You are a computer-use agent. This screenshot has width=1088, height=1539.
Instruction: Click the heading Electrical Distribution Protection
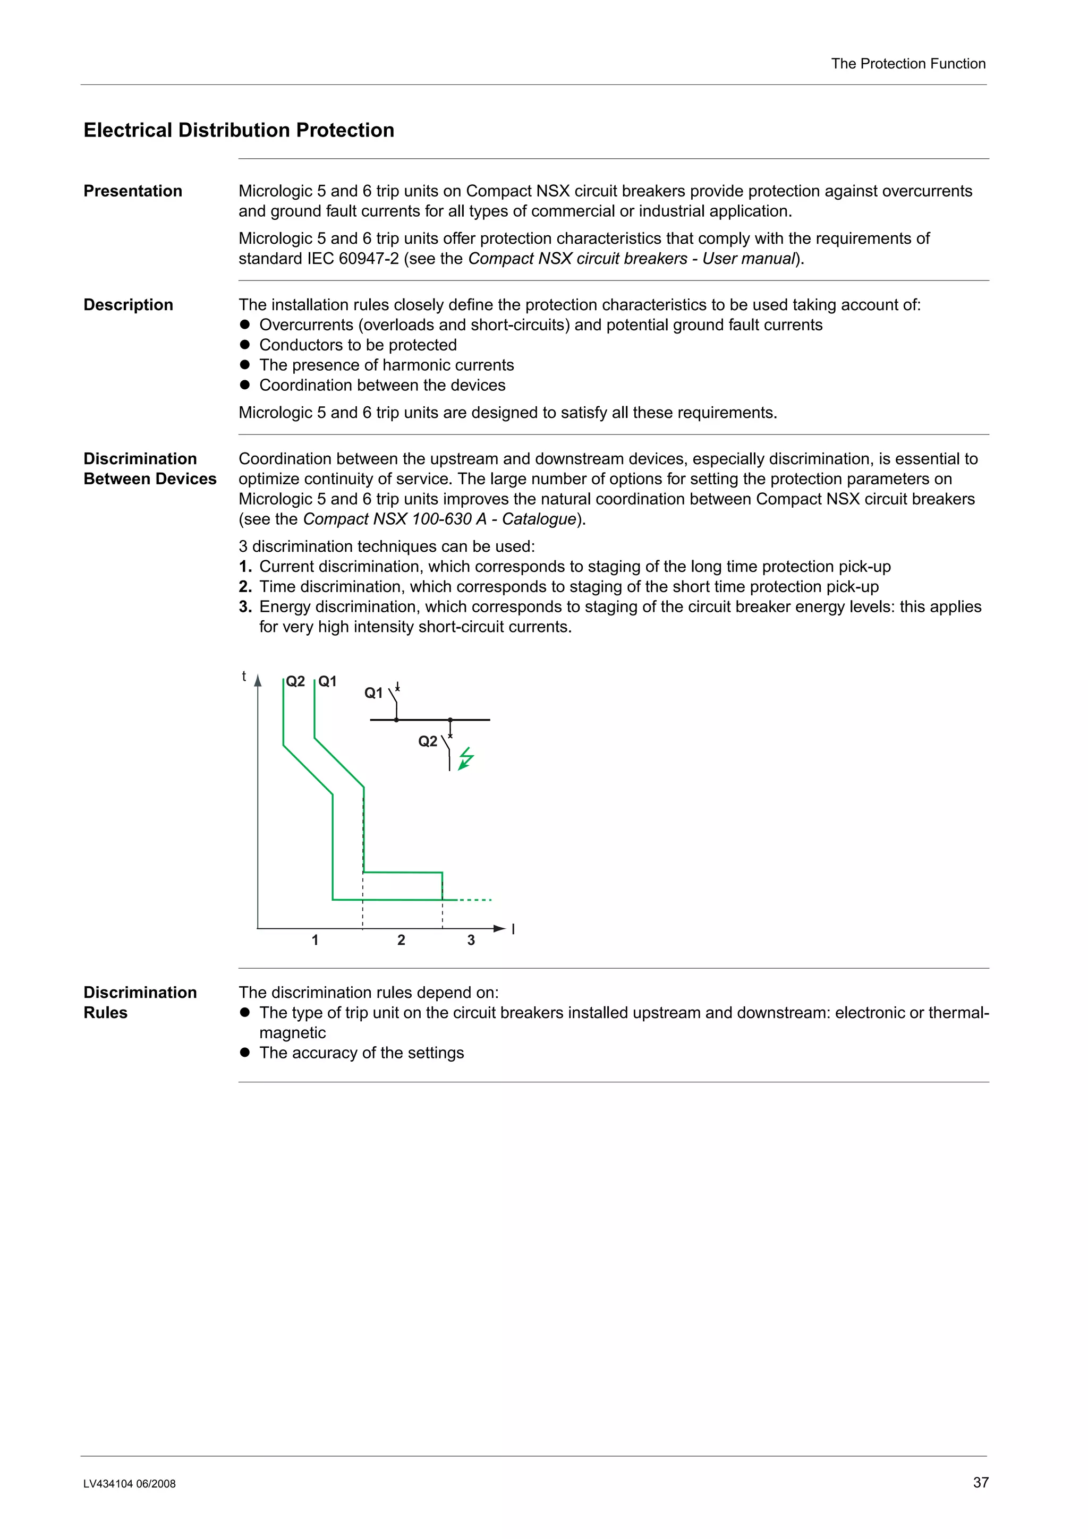pyautogui.click(x=239, y=130)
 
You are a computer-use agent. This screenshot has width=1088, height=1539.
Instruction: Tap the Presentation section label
pyautogui.click(x=133, y=191)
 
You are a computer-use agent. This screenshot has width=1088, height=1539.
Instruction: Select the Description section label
pyautogui.click(x=128, y=305)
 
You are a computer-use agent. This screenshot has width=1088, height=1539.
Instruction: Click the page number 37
pyautogui.click(x=980, y=1482)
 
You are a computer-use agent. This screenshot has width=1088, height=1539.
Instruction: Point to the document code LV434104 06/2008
pyautogui.click(x=130, y=1483)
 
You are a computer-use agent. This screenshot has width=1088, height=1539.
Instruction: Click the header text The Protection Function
pyautogui.click(x=908, y=64)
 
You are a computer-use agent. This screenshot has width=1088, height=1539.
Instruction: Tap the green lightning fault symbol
pyautogui.click(x=466, y=759)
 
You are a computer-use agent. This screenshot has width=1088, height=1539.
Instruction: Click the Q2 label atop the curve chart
pyautogui.click(x=295, y=682)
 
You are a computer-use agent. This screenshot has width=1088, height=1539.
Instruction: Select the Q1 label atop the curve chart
pyautogui.click(x=327, y=682)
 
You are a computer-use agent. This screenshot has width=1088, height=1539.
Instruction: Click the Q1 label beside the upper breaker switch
pyautogui.click(x=373, y=693)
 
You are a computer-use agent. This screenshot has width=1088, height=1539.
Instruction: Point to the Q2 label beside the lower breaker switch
pyautogui.click(x=427, y=741)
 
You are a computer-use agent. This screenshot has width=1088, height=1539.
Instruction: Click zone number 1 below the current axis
pyautogui.click(x=315, y=940)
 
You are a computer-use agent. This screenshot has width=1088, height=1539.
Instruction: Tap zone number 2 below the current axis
pyautogui.click(x=401, y=940)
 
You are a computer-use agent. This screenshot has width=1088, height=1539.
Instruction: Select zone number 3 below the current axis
pyautogui.click(x=471, y=940)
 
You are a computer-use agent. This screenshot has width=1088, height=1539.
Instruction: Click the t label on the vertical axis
pyautogui.click(x=244, y=677)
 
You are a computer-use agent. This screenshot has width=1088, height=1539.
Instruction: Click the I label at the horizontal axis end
pyautogui.click(x=513, y=929)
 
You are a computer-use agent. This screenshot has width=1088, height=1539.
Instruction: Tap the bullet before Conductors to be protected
pyautogui.click(x=245, y=345)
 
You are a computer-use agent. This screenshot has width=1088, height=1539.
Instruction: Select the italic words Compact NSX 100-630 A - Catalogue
pyautogui.click(x=440, y=519)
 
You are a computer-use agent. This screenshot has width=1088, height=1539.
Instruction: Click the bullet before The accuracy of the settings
pyautogui.click(x=245, y=1053)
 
